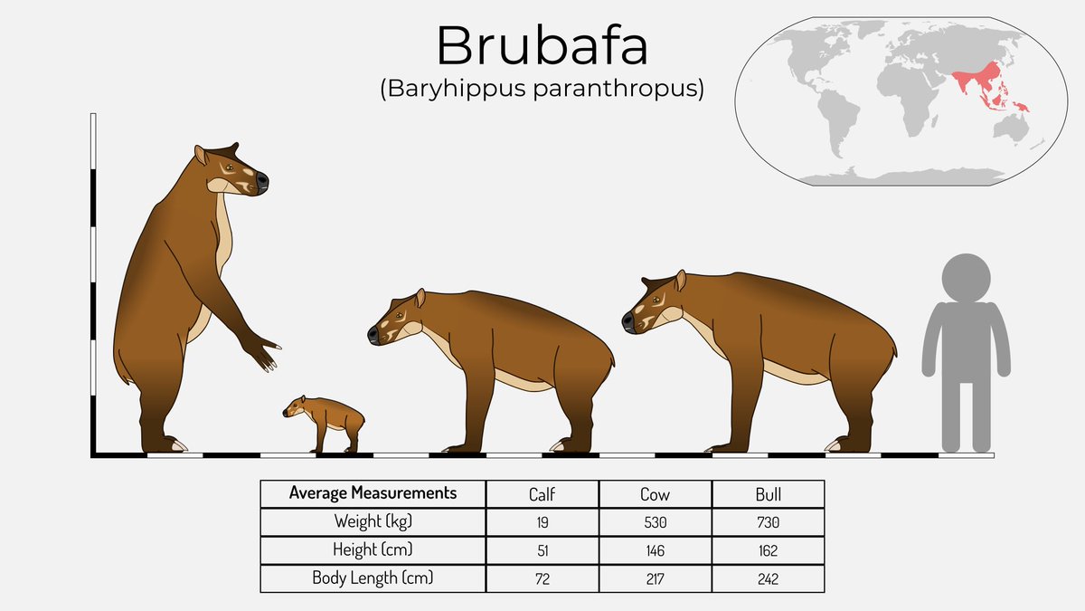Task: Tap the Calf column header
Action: click(542, 494)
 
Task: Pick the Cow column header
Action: click(655, 494)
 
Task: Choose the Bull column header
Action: click(768, 494)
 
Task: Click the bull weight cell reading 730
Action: click(768, 522)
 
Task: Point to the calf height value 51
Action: click(542, 550)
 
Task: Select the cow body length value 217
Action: click(655, 578)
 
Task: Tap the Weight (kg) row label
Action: click(373, 522)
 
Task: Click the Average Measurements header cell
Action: click(373, 493)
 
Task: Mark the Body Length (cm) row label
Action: click(373, 578)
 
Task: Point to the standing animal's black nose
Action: click(261, 180)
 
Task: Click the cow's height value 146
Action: click(655, 550)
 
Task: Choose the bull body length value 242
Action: click(768, 578)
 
